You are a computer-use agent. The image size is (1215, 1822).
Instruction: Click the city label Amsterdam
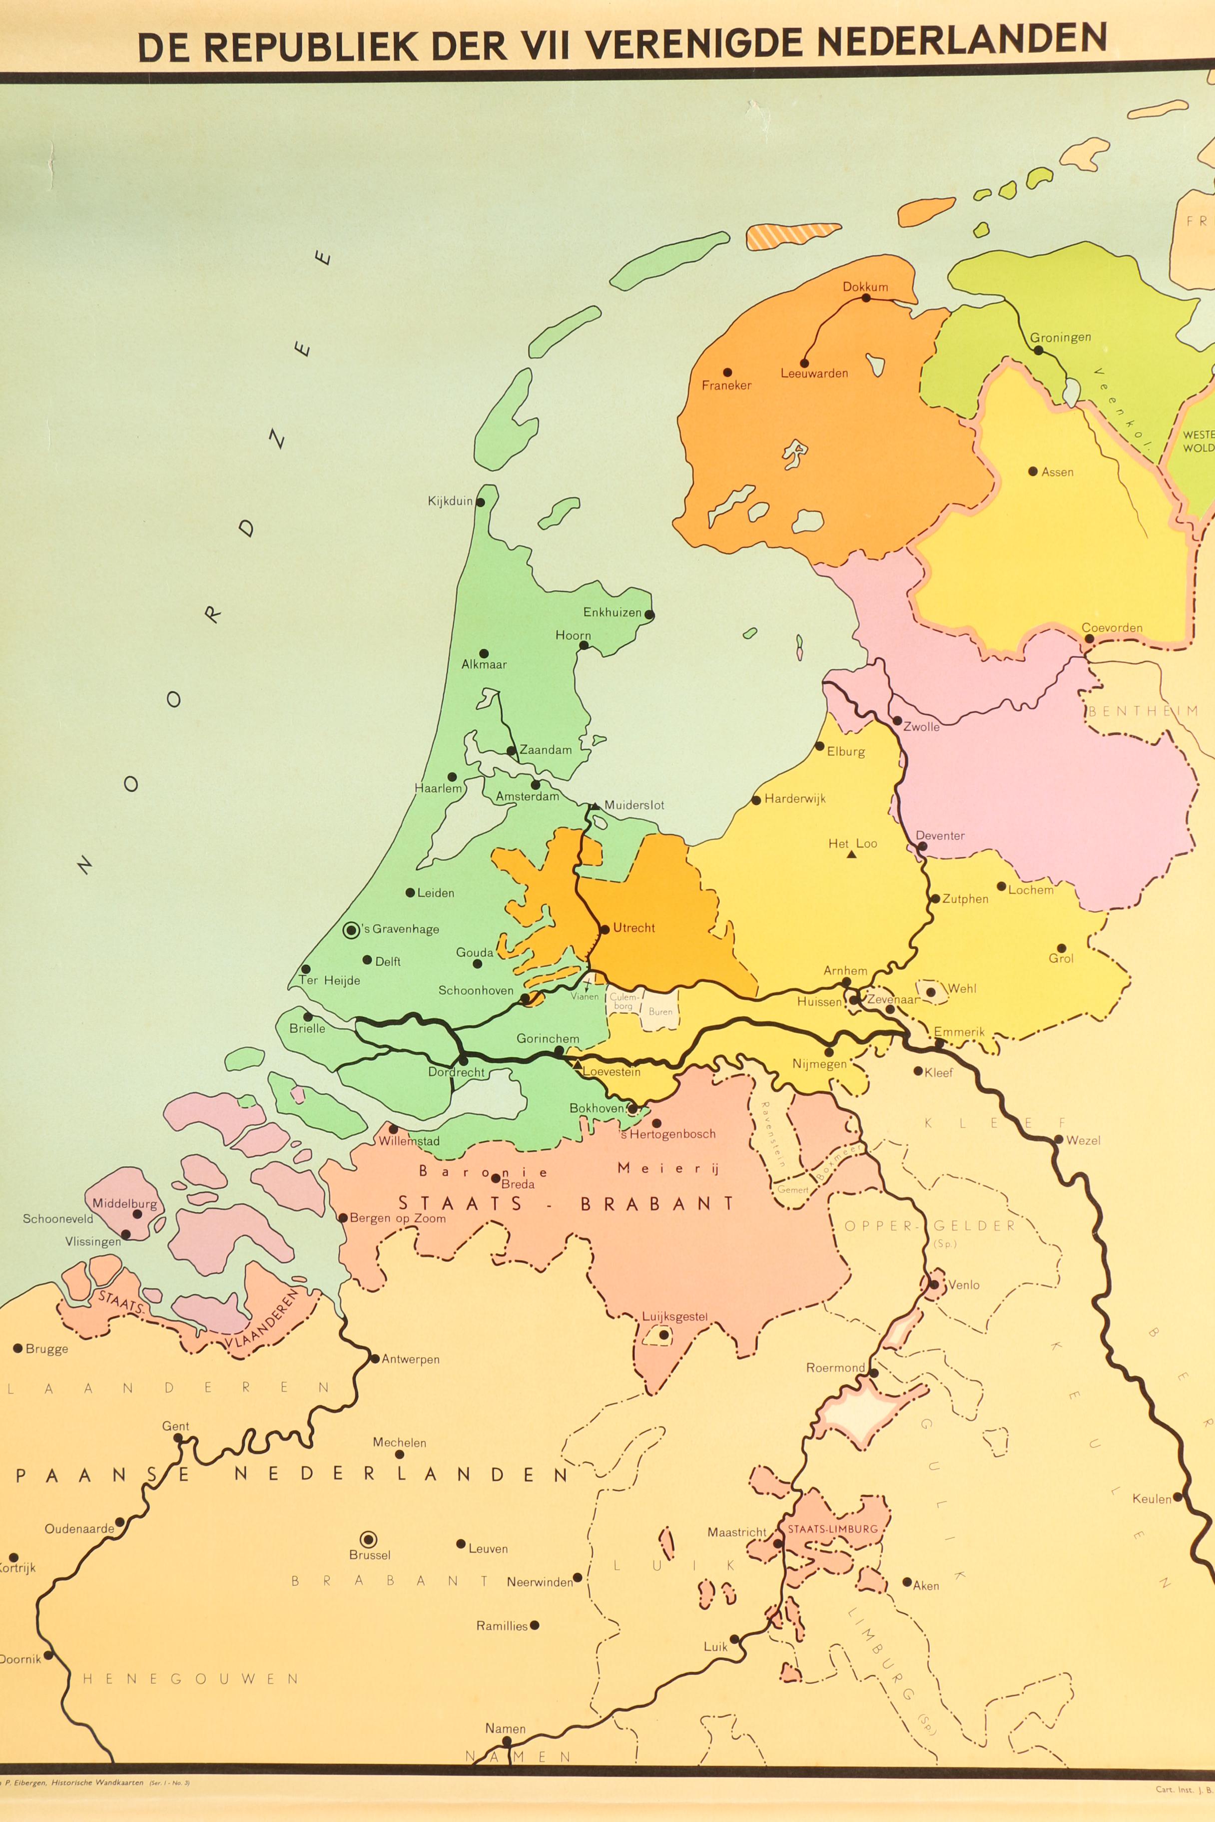pyautogui.click(x=527, y=796)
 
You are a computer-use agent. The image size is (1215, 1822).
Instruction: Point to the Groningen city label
pyautogui.click(x=1060, y=337)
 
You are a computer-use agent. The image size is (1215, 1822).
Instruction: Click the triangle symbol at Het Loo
pyautogui.click(x=852, y=855)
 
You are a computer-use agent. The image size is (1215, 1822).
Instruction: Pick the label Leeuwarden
pyautogui.click(x=814, y=374)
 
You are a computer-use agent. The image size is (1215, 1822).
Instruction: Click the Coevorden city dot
pyautogui.click(x=1089, y=639)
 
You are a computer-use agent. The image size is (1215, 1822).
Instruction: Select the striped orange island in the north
pyautogui.click(x=793, y=236)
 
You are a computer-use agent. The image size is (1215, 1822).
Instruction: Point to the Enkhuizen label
pyautogui.click(x=612, y=612)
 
